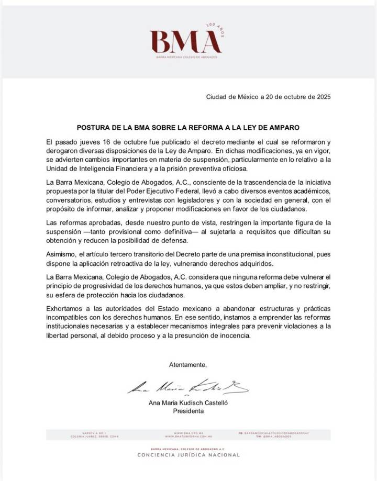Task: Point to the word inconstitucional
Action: [x=278, y=253]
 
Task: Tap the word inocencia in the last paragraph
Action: [x=235, y=337]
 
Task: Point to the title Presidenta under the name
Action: [x=188, y=411]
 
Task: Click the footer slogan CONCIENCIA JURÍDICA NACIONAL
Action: [x=188, y=455]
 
